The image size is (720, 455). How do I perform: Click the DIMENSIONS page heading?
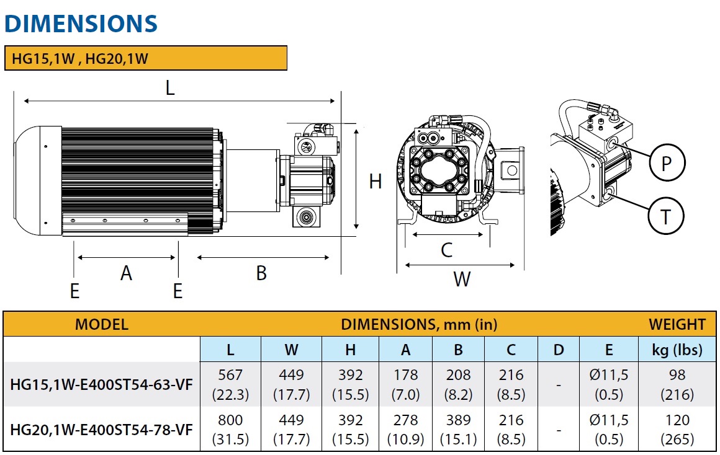coord(81,23)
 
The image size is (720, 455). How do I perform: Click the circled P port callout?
coord(667,163)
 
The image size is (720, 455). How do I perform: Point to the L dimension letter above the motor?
coord(170,88)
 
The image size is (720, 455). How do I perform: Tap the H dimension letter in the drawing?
coord(376,182)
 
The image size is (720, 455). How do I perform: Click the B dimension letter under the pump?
coord(261,273)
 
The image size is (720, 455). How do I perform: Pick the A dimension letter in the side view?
coord(126,273)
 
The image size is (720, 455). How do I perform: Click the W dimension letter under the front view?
coord(461,280)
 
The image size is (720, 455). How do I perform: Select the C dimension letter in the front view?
coord(446,250)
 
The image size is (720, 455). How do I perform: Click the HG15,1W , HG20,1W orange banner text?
coord(80,59)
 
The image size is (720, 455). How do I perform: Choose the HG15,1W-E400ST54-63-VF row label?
coord(102,385)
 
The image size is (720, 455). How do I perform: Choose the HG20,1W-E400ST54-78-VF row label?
coord(102,430)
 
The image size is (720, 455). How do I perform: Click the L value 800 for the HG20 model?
coord(230,420)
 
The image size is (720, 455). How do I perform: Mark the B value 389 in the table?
coord(458,420)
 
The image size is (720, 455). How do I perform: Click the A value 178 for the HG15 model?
coord(405,376)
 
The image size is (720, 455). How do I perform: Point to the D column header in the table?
coord(559,350)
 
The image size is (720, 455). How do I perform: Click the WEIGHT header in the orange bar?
coord(677,324)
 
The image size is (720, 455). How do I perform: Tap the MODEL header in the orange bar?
coord(101,324)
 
